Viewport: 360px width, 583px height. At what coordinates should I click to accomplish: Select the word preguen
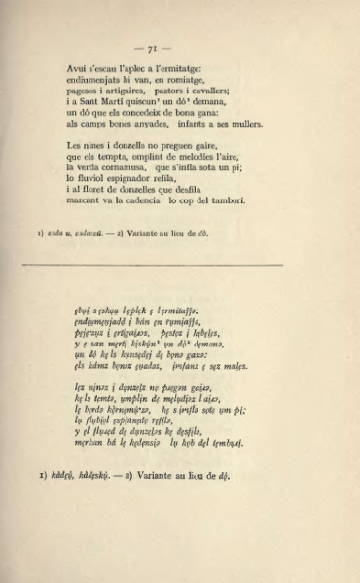point(170,146)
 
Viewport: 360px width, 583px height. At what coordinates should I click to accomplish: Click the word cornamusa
point(118,168)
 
